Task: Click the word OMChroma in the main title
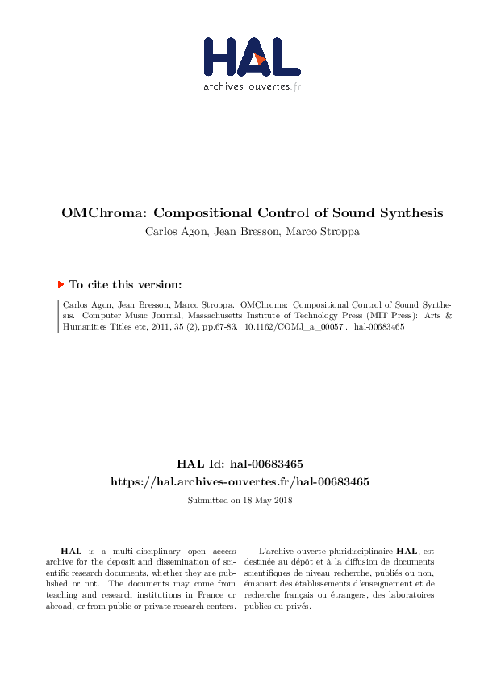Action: pyautogui.click(x=104, y=214)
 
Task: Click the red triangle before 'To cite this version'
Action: pyautogui.click(x=61, y=284)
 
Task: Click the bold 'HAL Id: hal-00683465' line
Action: pyautogui.click(x=240, y=464)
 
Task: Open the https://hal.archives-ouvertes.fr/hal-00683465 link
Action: pyautogui.click(x=240, y=481)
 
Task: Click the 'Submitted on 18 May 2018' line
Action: pyautogui.click(x=240, y=501)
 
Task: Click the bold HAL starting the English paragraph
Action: pyautogui.click(x=69, y=550)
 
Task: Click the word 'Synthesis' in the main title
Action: pyautogui.click(x=409, y=214)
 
